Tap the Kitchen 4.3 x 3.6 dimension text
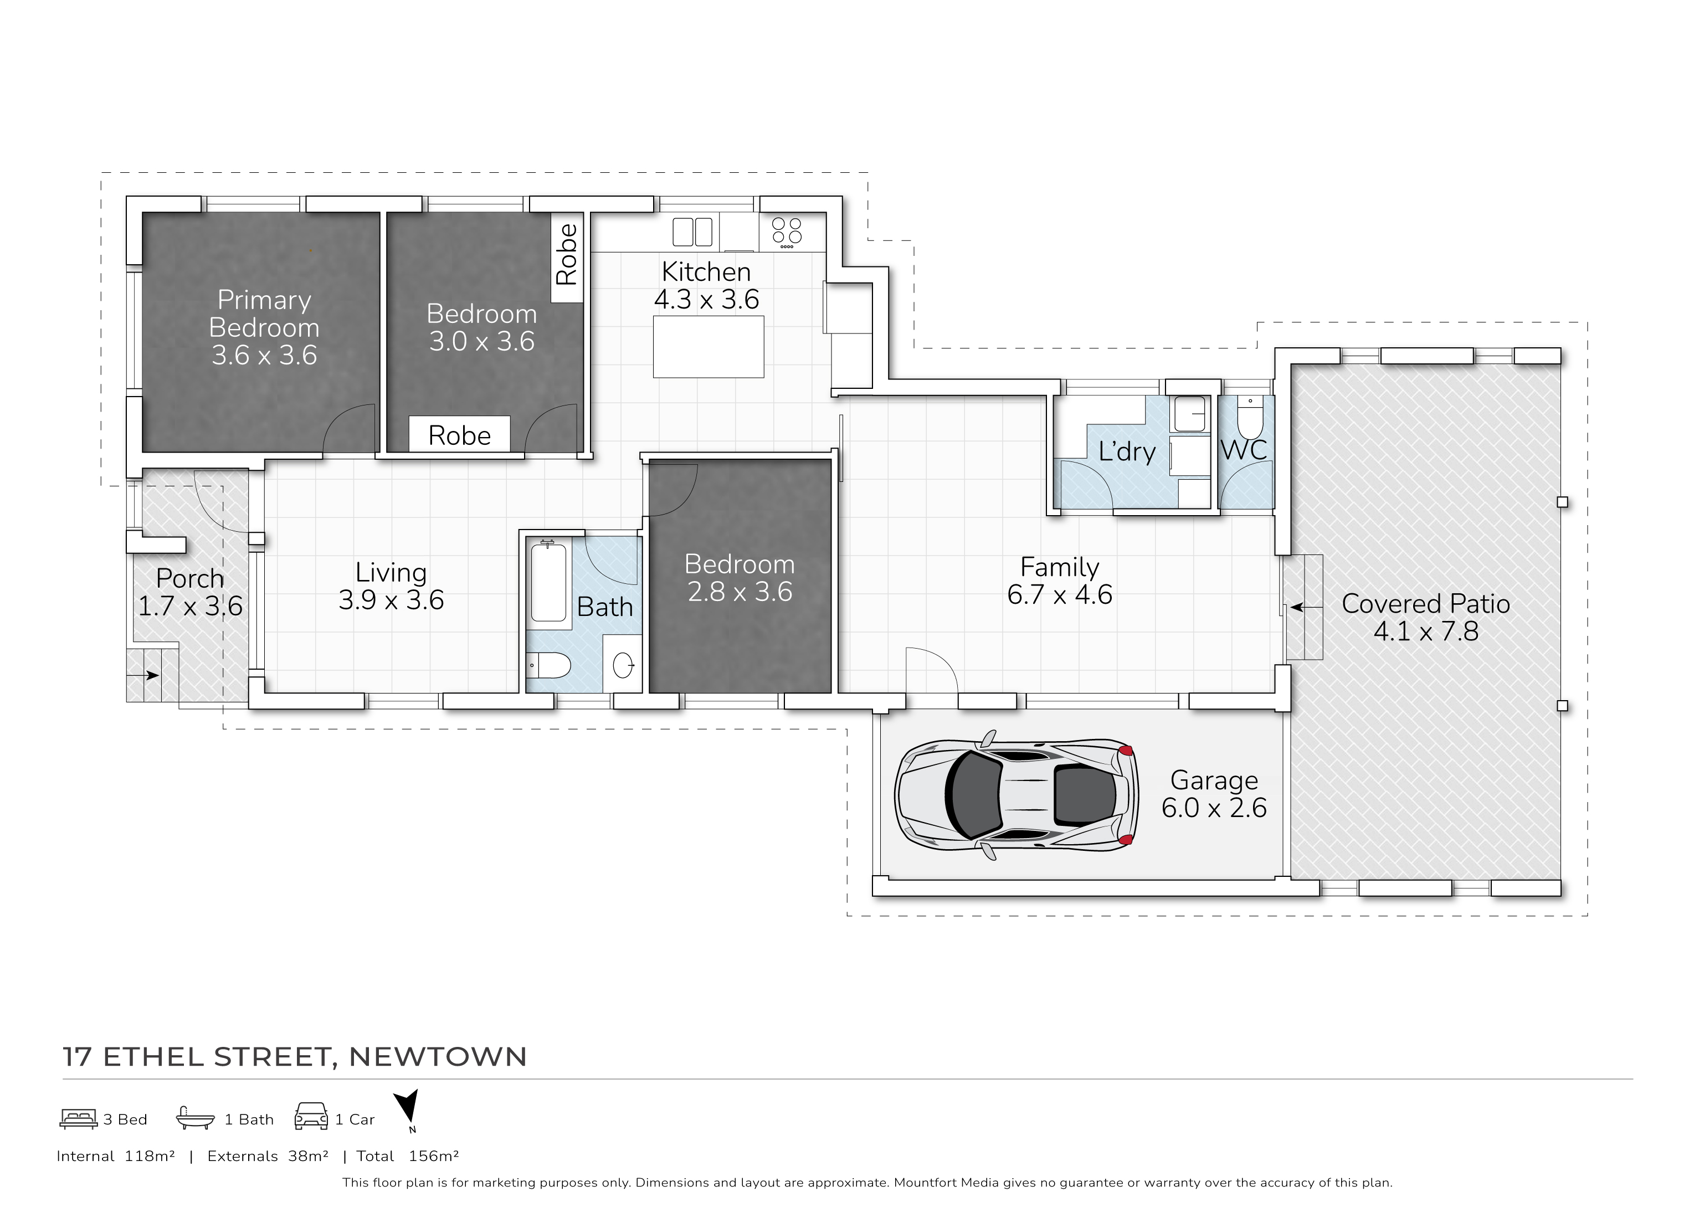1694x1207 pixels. pos(706,300)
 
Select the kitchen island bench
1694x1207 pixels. pos(709,346)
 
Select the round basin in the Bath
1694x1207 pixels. pos(623,665)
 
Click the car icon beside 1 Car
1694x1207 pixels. pos(311,1117)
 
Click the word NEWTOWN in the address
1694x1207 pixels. pos(438,1057)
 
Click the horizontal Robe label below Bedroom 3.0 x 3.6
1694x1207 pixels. pos(459,435)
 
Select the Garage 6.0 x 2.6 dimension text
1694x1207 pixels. pos(1214,808)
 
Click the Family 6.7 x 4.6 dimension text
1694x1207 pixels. pos(1059,594)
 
